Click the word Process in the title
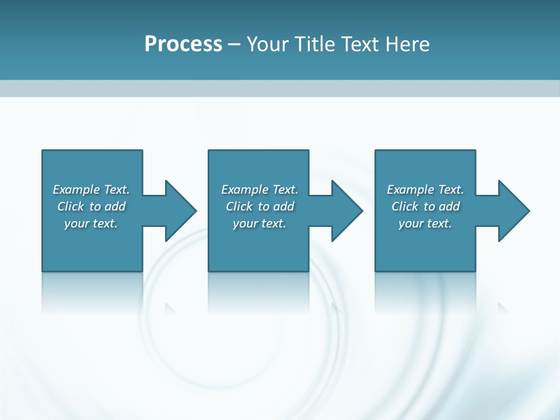(183, 44)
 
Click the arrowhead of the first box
(181, 211)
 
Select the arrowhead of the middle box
(347, 211)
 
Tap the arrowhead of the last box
(514, 211)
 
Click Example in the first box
(76, 190)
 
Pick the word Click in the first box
(71, 206)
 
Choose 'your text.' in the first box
(91, 223)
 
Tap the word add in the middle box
(283, 206)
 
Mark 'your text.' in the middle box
(260, 223)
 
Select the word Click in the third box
(405, 206)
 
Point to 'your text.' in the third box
(425, 223)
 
